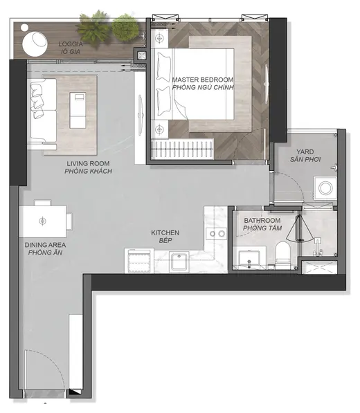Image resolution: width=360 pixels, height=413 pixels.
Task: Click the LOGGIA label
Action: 71,44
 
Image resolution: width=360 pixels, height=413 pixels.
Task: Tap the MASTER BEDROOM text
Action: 203,80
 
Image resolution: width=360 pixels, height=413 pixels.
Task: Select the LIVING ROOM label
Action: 88,163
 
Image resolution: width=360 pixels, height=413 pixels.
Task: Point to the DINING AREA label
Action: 45,245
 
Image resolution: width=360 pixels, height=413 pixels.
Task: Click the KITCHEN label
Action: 165,233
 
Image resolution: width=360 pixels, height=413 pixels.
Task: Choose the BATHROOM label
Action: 262,221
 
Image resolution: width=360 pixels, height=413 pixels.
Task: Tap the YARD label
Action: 305,152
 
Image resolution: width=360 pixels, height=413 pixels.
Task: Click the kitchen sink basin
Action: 179,261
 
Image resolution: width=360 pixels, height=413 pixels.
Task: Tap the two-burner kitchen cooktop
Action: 217,233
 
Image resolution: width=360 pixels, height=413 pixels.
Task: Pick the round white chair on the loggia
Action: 35,44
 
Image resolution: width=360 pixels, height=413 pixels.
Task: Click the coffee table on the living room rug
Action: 78,111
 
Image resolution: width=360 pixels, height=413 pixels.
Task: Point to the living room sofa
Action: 42,113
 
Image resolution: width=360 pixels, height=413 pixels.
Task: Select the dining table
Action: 43,221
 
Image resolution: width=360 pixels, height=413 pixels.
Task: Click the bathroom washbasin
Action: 249,259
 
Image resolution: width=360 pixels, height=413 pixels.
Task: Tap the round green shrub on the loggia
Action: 125,28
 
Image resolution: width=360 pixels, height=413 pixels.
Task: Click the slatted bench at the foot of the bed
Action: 182,149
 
